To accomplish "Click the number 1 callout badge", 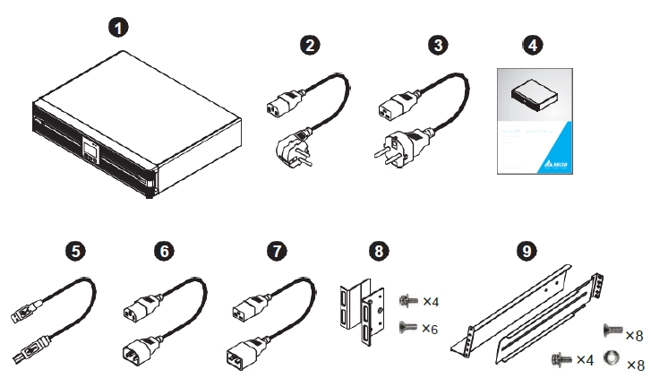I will coord(118,27).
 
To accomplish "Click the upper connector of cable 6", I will coord(133,311).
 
